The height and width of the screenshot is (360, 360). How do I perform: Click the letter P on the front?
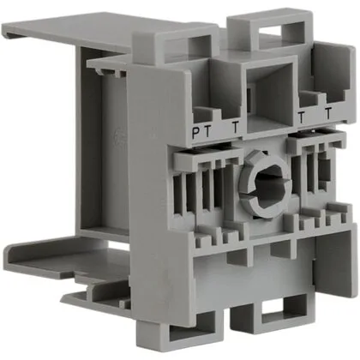point(196,133)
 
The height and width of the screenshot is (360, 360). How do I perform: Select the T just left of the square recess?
point(235,128)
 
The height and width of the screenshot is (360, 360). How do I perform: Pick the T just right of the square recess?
point(301,117)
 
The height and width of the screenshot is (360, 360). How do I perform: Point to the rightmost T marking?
point(328,113)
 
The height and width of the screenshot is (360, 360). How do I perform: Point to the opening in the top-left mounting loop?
point(199,47)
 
